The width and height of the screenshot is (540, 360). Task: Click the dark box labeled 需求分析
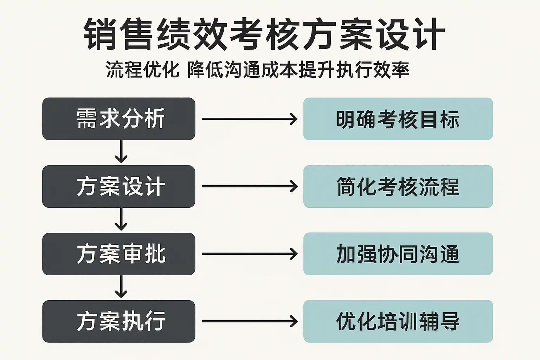click(x=118, y=118)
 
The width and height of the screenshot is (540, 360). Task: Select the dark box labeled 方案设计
click(x=118, y=186)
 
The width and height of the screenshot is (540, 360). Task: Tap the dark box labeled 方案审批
click(x=118, y=254)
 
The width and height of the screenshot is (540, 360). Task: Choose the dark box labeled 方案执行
click(x=118, y=321)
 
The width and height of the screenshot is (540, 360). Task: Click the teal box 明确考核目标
click(x=398, y=118)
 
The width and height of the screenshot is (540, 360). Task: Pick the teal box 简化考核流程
click(x=398, y=186)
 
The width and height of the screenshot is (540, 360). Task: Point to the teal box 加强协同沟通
click(x=398, y=254)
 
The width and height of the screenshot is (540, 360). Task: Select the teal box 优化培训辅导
click(x=398, y=321)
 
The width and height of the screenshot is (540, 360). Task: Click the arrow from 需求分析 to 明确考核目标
click(x=250, y=119)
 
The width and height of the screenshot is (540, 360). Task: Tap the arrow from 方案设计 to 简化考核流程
click(x=250, y=186)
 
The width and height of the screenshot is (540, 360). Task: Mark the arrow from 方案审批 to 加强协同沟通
click(x=250, y=254)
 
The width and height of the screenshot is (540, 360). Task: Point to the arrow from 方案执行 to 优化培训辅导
click(x=250, y=321)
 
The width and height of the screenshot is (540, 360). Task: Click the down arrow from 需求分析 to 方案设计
click(x=121, y=152)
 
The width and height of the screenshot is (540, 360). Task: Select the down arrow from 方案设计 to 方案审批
click(x=121, y=219)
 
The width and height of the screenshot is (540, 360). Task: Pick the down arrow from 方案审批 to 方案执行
click(x=121, y=287)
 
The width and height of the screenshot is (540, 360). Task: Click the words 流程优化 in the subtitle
click(x=142, y=70)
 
